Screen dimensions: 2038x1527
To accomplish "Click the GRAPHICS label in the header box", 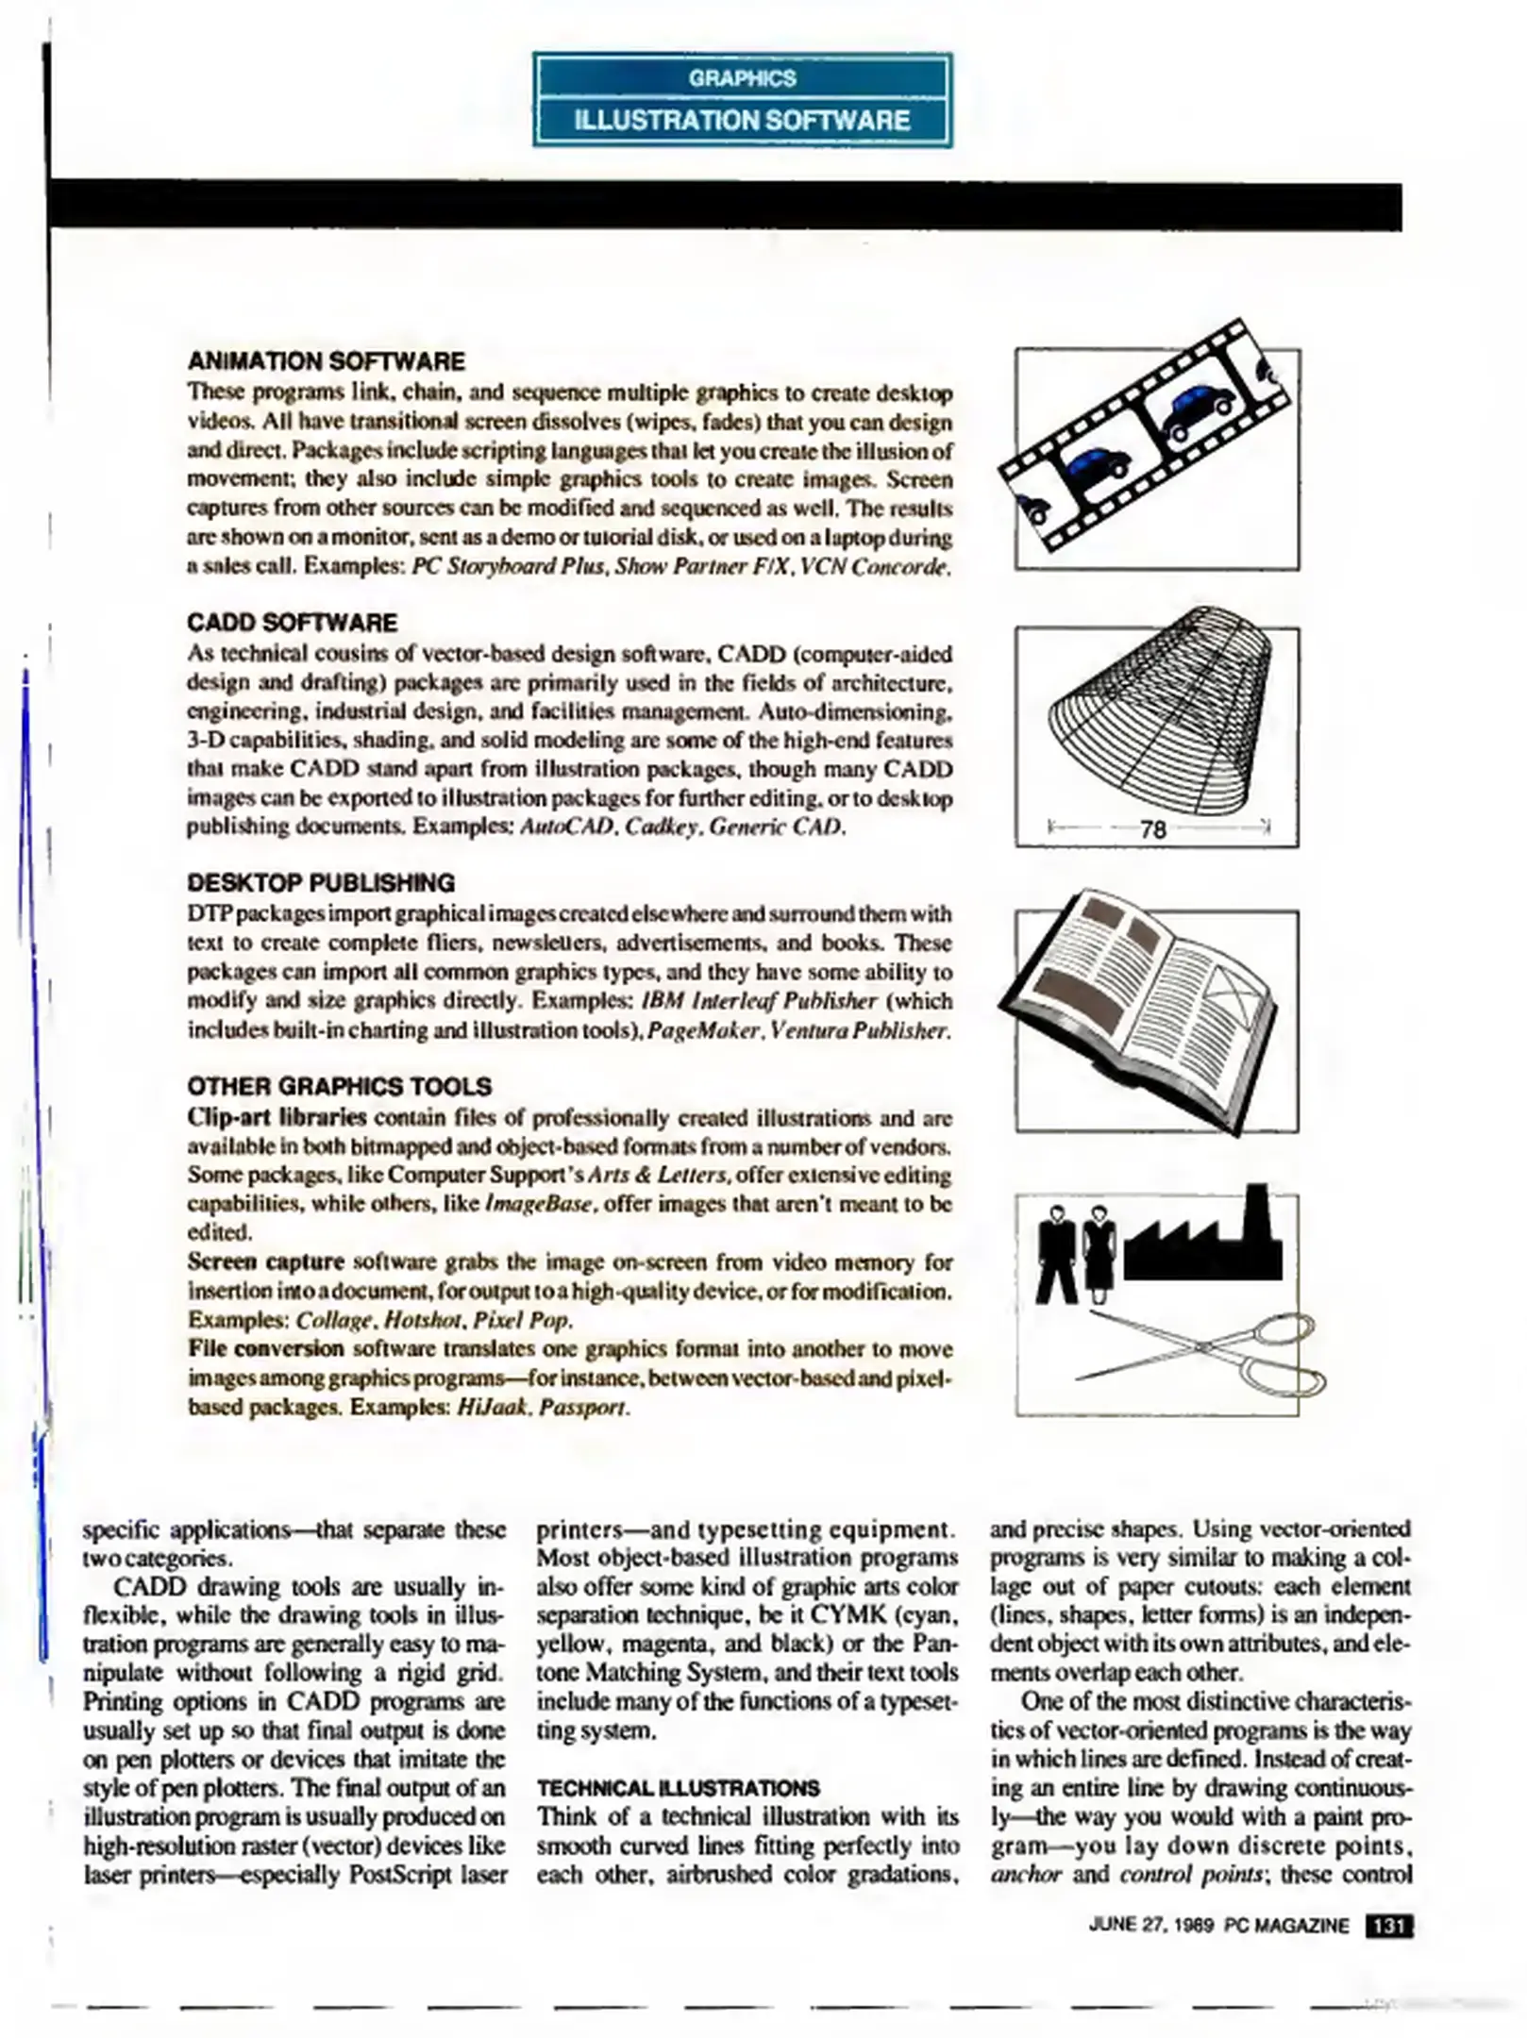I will point(742,78).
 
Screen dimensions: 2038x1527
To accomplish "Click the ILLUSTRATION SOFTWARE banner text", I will point(742,121).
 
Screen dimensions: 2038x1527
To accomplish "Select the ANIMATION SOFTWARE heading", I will point(326,361).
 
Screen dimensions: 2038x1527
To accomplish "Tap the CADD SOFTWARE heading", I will point(292,623).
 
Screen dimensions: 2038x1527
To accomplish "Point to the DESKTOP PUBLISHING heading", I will point(320,883).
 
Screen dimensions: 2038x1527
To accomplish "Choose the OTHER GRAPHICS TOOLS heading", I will point(339,1086).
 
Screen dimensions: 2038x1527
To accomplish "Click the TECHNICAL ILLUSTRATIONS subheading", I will point(678,1788).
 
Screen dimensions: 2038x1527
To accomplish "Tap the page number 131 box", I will point(1388,1926).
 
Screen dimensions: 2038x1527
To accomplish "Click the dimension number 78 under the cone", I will point(1153,830).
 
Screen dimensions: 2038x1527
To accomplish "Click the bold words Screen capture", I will point(265,1261).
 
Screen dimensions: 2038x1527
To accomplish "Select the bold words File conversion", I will point(265,1348).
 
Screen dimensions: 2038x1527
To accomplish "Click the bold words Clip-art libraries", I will point(277,1117).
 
